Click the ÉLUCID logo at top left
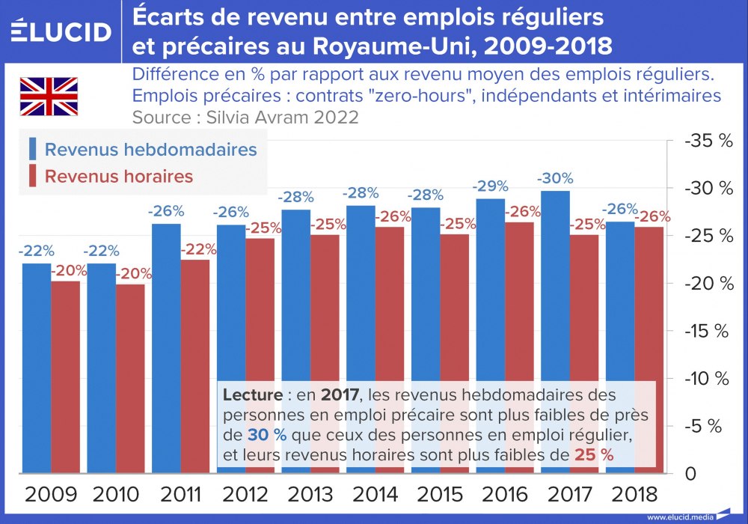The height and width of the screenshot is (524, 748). [61, 31]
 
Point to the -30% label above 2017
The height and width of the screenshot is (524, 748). [555, 178]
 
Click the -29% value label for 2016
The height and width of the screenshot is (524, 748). [490, 186]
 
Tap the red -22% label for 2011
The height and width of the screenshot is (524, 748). [197, 249]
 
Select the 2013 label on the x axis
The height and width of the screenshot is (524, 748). [310, 494]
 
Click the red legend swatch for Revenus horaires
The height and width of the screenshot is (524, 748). [33, 177]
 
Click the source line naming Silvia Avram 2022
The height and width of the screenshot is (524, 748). [245, 118]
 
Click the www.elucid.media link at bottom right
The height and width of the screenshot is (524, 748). [679, 517]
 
